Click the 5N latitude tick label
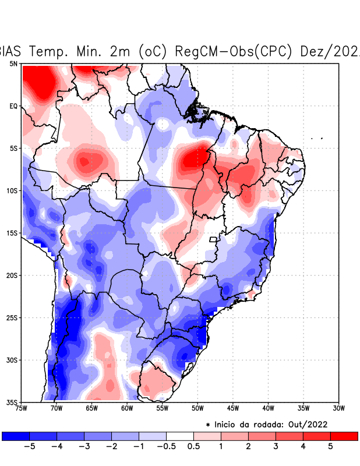[13, 63]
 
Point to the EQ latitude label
[13, 106]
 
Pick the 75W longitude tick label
[21, 408]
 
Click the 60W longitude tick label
[127, 408]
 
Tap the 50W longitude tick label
[197, 408]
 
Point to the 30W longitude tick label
[338, 408]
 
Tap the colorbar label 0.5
[193, 446]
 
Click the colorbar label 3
[276, 446]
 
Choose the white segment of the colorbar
[179, 436]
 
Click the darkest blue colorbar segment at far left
[15, 436]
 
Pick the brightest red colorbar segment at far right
[344, 436]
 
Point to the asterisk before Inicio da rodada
[208, 425]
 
